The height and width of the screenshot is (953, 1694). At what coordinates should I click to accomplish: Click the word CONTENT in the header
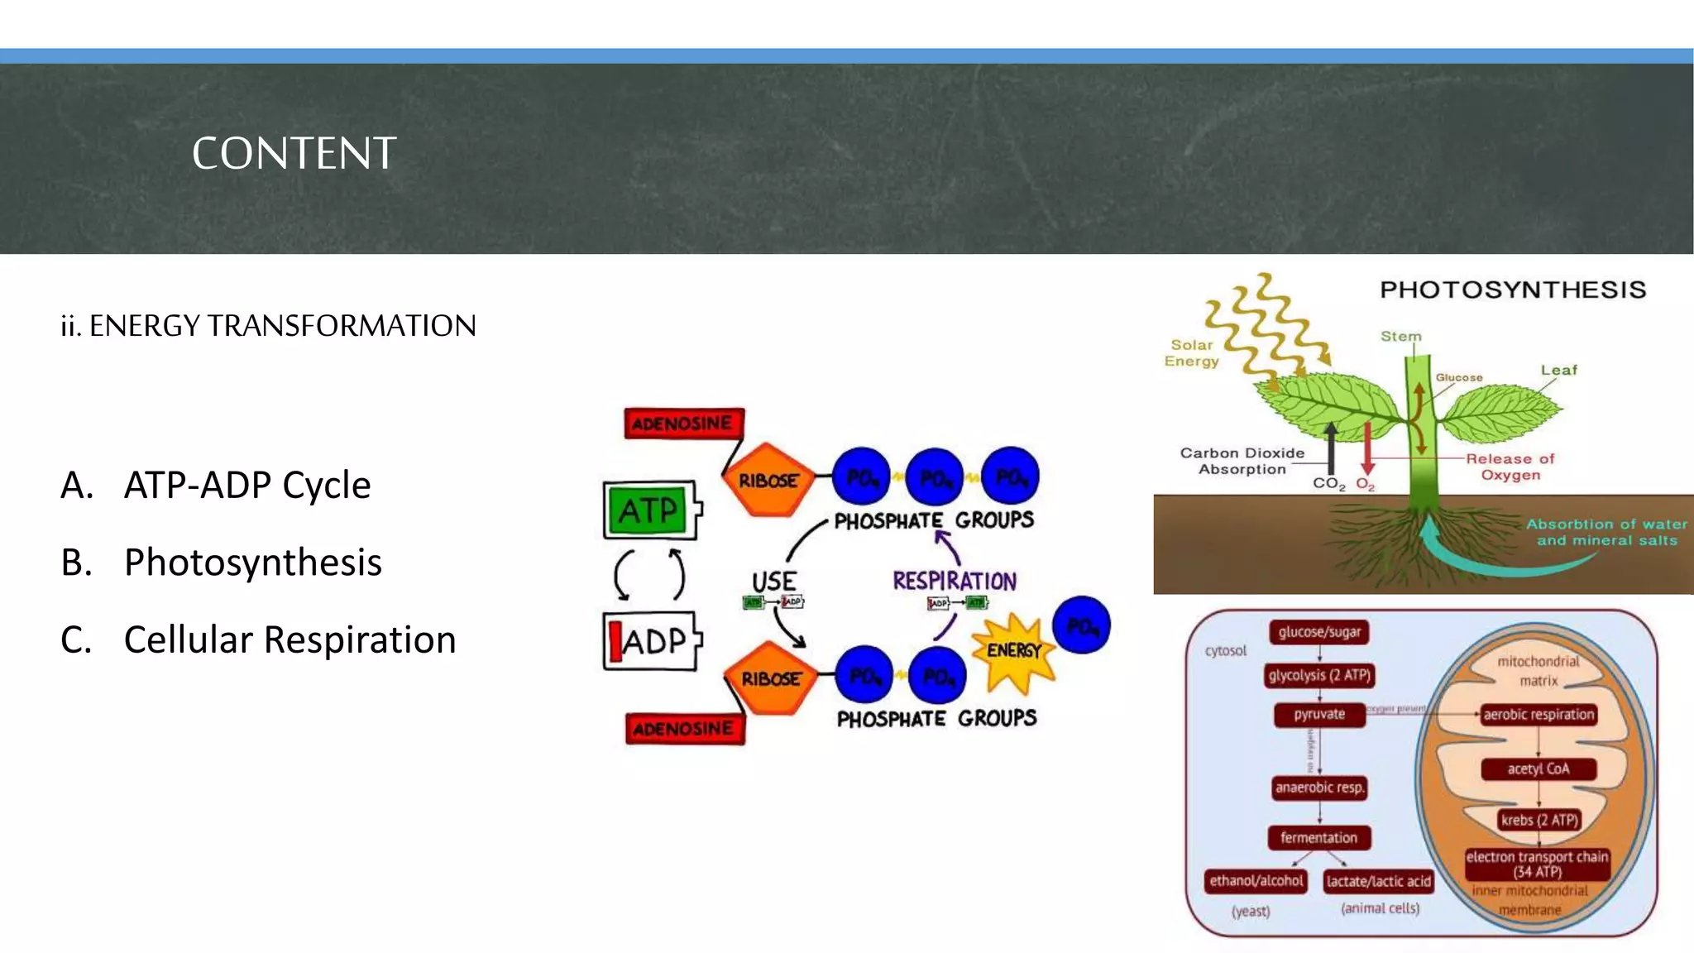[x=294, y=153]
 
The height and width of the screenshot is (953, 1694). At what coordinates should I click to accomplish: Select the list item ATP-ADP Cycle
[x=246, y=485]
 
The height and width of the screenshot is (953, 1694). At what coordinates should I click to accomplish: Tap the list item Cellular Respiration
[x=290, y=639]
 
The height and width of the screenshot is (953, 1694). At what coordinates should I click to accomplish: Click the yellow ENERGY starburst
[x=1013, y=654]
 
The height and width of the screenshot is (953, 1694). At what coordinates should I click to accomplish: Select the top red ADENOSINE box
[x=683, y=424]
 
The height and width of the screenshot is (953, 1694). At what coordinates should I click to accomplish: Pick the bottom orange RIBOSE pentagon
[x=770, y=678]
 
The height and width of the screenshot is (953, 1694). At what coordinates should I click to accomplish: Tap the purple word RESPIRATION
[x=954, y=581]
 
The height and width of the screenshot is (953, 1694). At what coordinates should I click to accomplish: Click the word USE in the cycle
[x=773, y=581]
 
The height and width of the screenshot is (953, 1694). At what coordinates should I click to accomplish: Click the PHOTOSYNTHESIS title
[x=1512, y=290]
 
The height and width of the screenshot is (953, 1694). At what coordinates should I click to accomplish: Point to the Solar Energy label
[x=1191, y=353]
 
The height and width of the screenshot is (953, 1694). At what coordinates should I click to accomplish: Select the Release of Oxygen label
[x=1510, y=467]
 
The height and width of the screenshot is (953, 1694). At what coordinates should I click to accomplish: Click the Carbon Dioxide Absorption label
[x=1242, y=461]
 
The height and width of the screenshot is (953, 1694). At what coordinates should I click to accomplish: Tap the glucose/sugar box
[x=1319, y=632]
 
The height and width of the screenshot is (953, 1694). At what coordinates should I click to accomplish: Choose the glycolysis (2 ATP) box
[x=1319, y=675]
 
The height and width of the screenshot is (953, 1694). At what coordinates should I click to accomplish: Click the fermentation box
[x=1318, y=838]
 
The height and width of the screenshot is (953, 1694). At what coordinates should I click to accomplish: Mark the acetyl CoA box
[x=1538, y=769]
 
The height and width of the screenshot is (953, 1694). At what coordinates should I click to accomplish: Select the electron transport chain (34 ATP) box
[x=1537, y=864]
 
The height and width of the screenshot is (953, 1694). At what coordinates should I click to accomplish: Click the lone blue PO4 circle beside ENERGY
[x=1081, y=625]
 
